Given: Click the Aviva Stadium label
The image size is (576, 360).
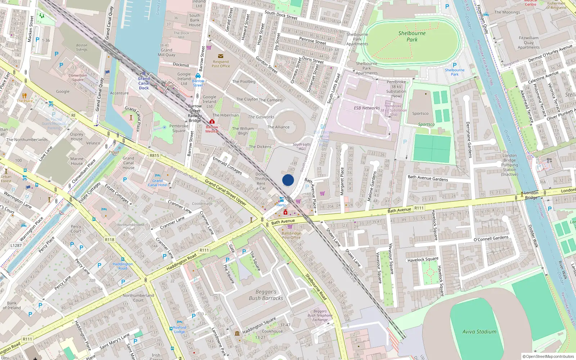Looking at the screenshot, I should [x=479, y=332].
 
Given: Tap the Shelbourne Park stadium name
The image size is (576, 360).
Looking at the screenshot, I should [x=412, y=36].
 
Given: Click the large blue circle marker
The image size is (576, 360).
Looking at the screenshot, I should [x=288, y=180].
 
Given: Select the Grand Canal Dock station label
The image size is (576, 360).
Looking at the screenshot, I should [x=144, y=83].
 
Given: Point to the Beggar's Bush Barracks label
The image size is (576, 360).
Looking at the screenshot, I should [x=266, y=295].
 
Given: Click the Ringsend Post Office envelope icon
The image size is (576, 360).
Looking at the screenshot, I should [x=221, y=56].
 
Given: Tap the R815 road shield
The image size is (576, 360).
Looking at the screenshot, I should [x=154, y=156].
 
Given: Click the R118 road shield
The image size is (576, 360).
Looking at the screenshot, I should [x=109, y=239].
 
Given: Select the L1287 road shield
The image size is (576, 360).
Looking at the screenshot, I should [x=16, y=246].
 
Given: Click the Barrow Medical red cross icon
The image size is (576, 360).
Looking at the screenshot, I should [x=212, y=122].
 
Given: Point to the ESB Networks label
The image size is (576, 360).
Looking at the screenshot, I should [x=366, y=108].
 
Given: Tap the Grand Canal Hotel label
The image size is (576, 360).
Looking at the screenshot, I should [x=157, y=183].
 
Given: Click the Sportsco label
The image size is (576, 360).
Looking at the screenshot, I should [x=420, y=113].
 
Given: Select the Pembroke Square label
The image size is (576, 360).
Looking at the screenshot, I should [x=179, y=128].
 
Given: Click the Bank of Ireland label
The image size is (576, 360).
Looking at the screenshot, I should [x=12, y=305].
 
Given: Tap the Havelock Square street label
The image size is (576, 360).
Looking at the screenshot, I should [x=423, y=259].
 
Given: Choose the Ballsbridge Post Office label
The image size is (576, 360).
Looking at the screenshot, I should [x=291, y=235].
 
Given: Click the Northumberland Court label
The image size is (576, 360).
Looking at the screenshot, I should [x=138, y=298].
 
